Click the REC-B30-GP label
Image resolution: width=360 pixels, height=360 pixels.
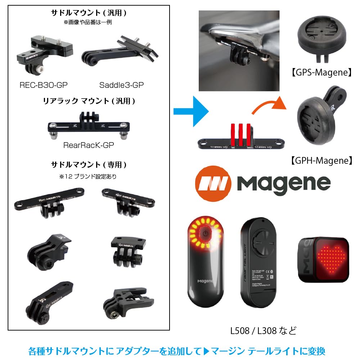44,85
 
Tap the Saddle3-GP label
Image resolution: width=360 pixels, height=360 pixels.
122,85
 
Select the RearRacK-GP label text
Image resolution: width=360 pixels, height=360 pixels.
89,146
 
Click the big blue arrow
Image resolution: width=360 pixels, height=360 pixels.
191,111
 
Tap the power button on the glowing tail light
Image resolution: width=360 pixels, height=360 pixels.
204,233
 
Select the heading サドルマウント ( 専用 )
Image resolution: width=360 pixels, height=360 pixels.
89,165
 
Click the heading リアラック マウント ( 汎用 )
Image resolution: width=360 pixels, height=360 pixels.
89,101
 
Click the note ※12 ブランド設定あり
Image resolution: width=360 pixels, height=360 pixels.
89,176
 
